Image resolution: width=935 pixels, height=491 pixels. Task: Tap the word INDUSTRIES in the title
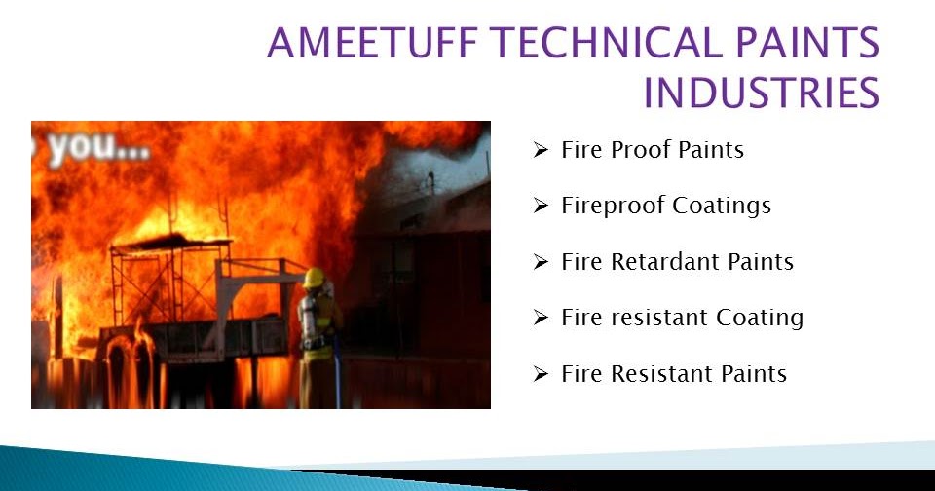pyautogui.click(x=761, y=93)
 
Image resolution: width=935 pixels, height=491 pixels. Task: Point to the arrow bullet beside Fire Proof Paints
pyautogui.click(x=542, y=150)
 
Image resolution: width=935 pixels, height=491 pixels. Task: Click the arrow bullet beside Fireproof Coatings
pyautogui.click(x=542, y=207)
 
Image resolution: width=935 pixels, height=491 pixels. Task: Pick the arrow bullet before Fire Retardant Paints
pyautogui.click(x=542, y=262)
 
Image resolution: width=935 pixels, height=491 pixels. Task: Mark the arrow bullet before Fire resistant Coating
pyautogui.click(x=542, y=318)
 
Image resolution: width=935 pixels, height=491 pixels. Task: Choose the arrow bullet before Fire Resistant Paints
pyautogui.click(x=542, y=374)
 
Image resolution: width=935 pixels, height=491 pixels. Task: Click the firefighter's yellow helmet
pyautogui.click(x=314, y=278)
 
